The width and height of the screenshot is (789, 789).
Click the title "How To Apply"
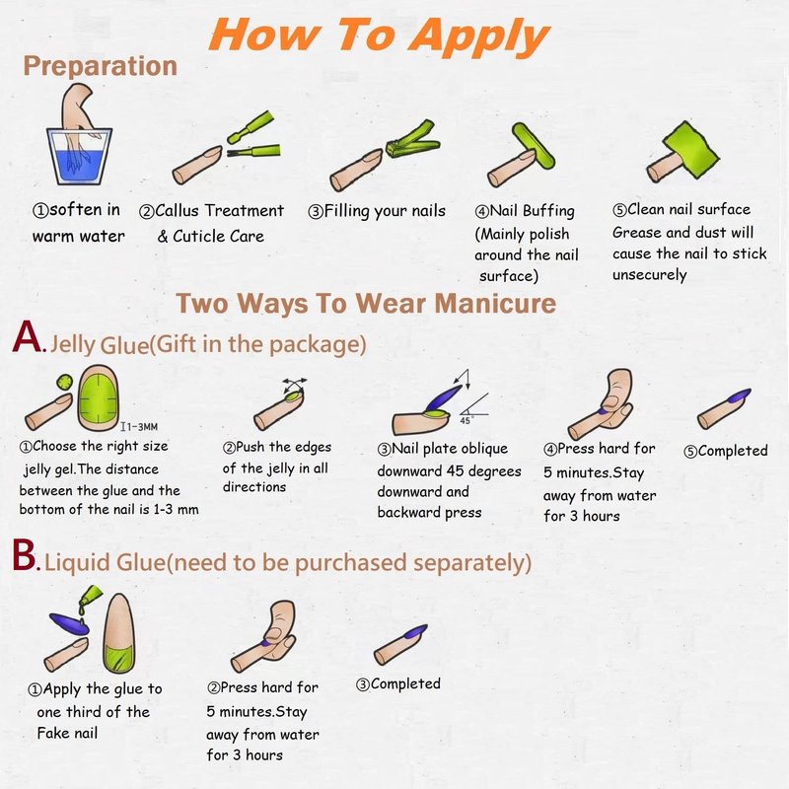(379, 36)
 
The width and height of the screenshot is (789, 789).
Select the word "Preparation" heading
(101, 66)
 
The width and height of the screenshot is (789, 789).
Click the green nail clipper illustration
(412, 140)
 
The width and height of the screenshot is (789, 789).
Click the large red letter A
(28, 336)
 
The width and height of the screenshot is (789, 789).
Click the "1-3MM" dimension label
(141, 427)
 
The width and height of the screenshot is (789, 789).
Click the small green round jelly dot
(64, 383)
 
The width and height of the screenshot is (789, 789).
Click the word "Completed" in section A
(732, 451)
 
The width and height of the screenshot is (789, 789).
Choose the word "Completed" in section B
(405, 683)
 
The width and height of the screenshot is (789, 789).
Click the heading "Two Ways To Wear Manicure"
(366, 304)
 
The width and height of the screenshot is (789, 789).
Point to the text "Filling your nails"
(385, 211)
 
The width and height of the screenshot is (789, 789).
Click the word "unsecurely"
(649, 275)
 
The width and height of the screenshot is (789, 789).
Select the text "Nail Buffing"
(532, 211)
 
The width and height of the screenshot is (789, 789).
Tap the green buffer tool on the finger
(535, 146)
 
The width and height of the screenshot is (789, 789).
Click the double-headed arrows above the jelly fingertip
(294, 385)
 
